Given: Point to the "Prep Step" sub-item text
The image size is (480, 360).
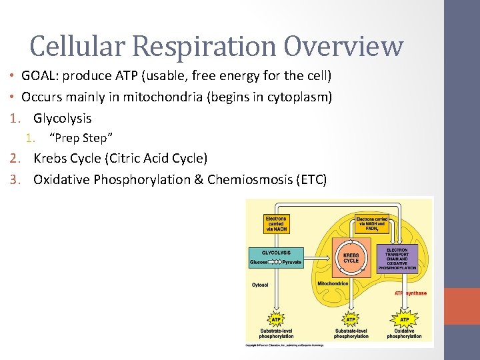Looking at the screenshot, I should [81, 138].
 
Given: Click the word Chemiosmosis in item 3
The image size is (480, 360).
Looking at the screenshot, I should [250, 179].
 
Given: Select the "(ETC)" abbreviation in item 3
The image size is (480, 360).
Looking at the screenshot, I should [311, 179].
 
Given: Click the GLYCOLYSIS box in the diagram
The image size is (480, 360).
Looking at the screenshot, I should [275, 257].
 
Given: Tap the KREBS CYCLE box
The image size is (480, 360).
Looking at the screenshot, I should [351, 257].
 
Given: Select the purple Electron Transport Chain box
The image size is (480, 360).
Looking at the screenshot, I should [397, 259].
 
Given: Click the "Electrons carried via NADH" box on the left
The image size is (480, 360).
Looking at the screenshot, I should [275, 223].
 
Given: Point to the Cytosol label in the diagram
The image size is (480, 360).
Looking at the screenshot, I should [261, 285].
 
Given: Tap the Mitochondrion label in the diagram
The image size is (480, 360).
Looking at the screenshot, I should [334, 283].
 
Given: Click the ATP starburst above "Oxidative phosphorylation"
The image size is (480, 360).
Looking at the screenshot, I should [404, 319].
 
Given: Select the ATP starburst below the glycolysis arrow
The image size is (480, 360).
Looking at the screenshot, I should [275, 319].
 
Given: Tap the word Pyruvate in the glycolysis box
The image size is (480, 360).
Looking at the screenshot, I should [291, 263].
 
